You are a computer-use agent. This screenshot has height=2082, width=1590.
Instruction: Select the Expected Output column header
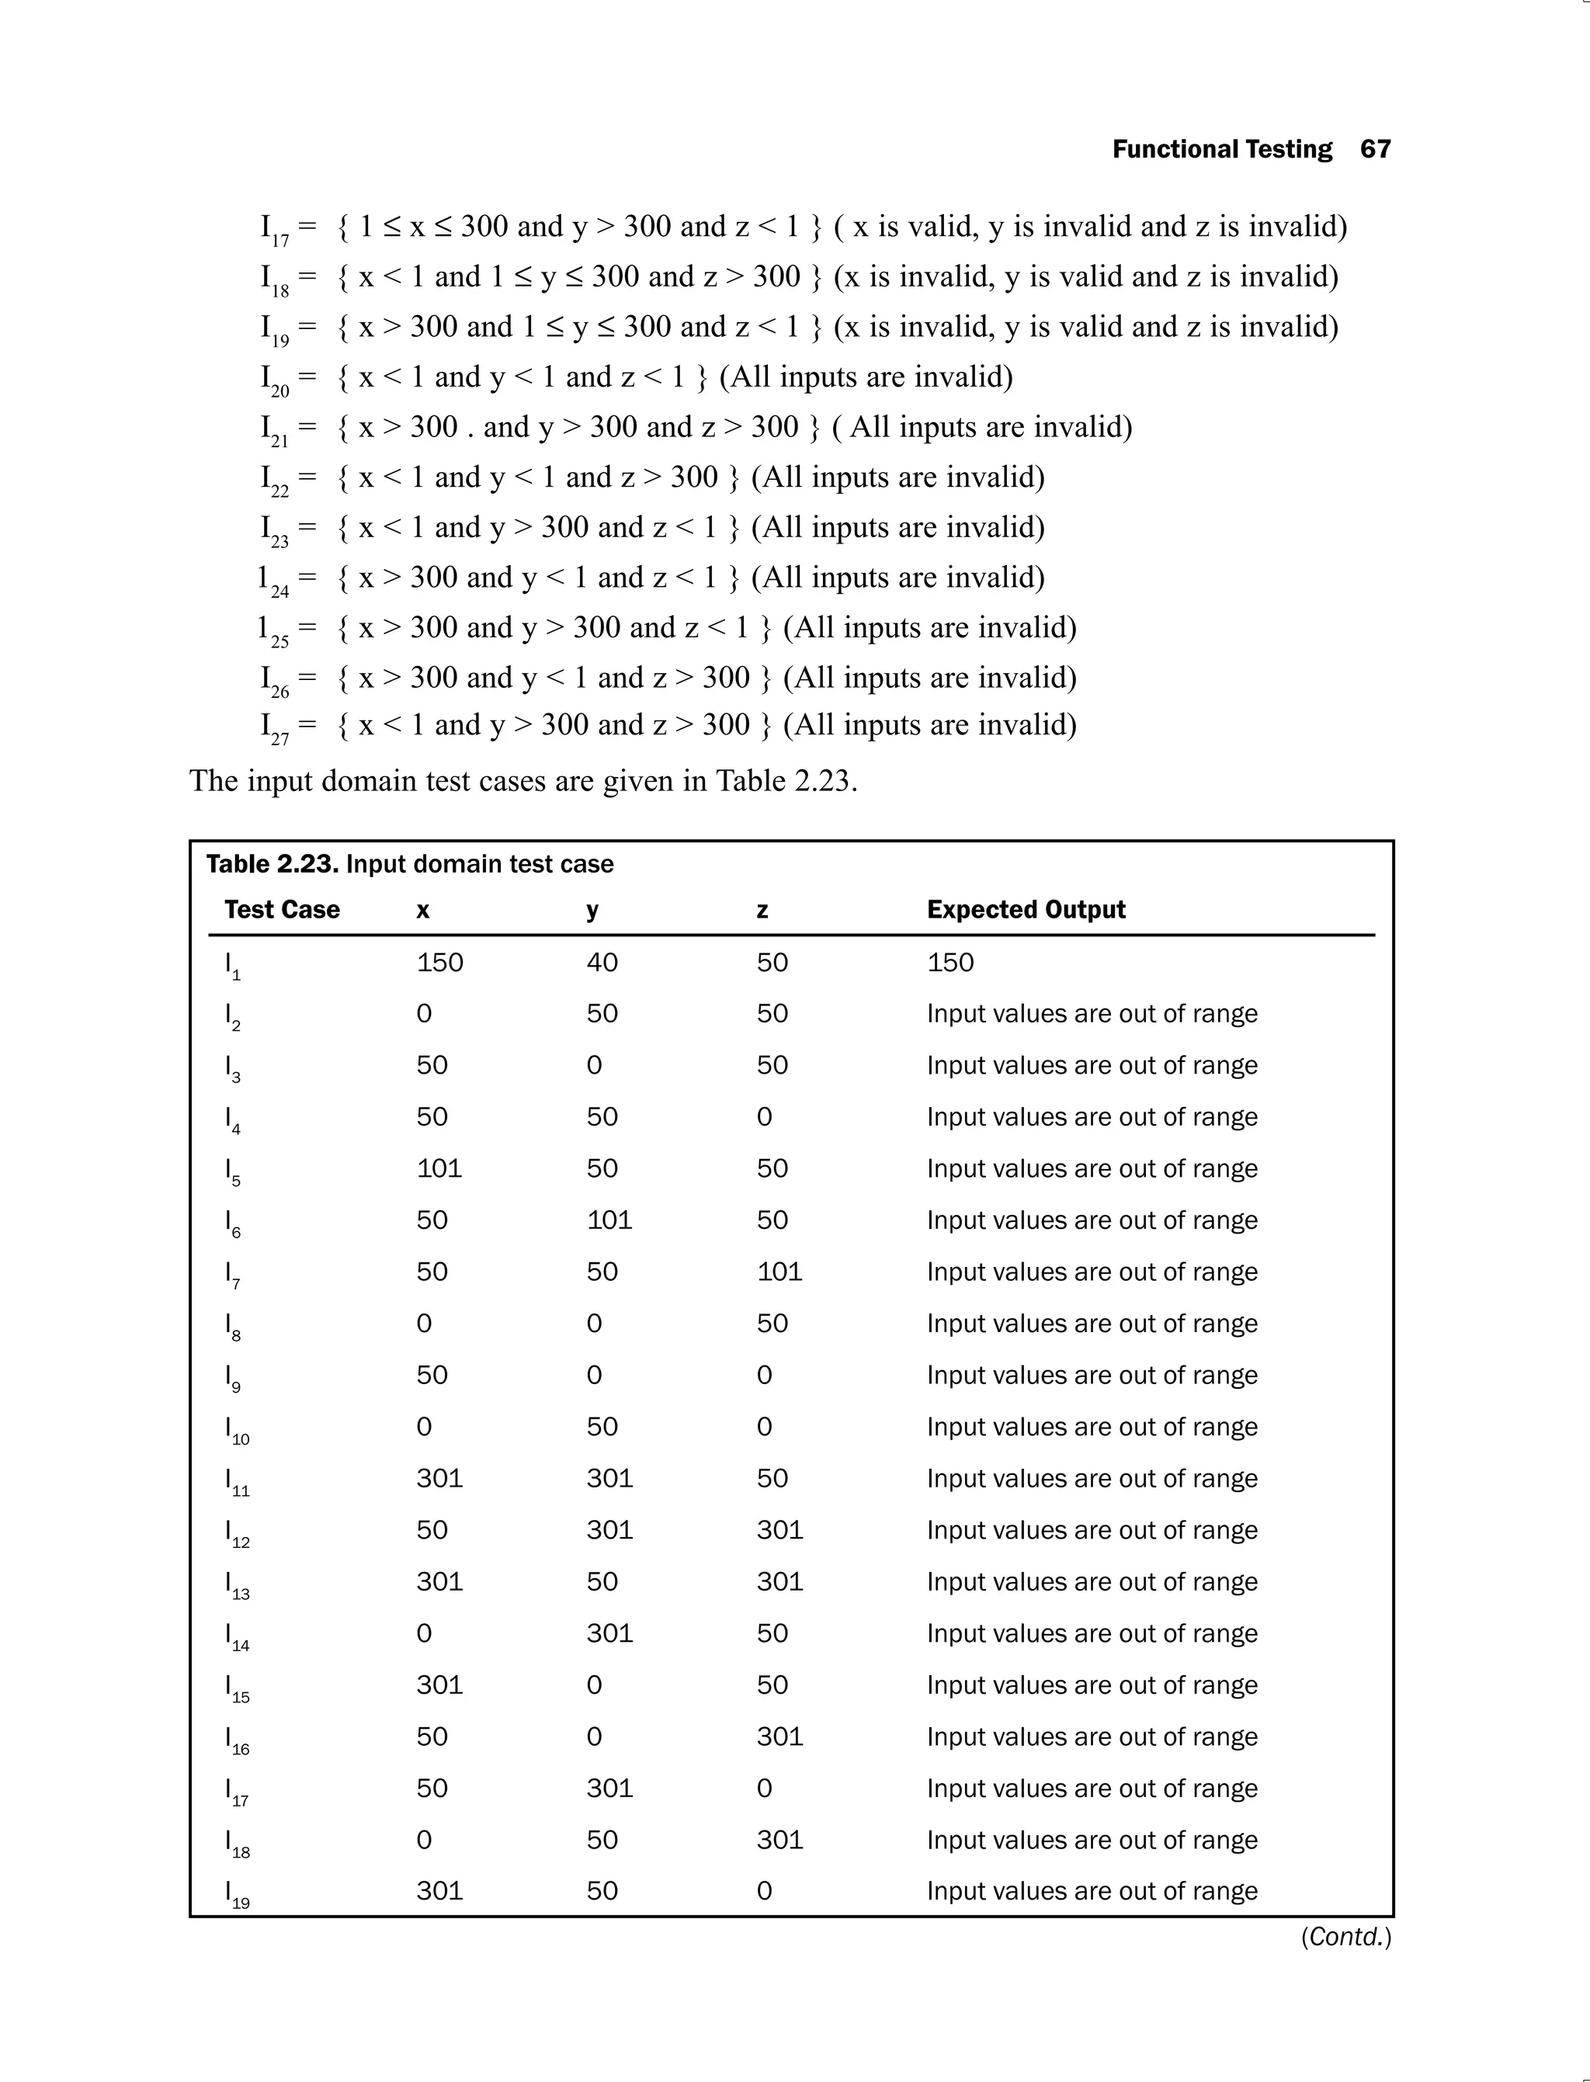pyautogui.click(x=1025, y=910)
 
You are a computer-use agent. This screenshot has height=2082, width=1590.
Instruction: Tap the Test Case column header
pyautogui.click(x=281, y=910)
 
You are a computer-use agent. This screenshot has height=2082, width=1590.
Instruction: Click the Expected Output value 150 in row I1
pyautogui.click(x=949, y=963)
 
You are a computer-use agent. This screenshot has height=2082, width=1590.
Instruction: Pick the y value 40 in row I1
pyautogui.click(x=601, y=963)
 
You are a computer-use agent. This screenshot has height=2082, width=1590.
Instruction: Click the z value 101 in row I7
pyautogui.click(x=779, y=1271)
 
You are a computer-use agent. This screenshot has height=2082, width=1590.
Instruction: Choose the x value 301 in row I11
pyautogui.click(x=439, y=1478)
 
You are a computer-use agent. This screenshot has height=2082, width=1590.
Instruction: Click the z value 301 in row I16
pyautogui.click(x=779, y=1737)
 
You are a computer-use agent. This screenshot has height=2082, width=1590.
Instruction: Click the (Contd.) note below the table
pyautogui.click(x=1345, y=1937)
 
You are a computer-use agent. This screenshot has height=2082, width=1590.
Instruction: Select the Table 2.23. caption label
pyautogui.click(x=273, y=864)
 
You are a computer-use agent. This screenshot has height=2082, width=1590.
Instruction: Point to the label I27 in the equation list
pyautogui.click(x=275, y=727)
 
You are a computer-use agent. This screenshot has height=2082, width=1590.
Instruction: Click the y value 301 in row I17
pyautogui.click(x=609, y=1788)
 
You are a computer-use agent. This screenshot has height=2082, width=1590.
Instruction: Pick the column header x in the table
pyautogui.click(x=422, y=911)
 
